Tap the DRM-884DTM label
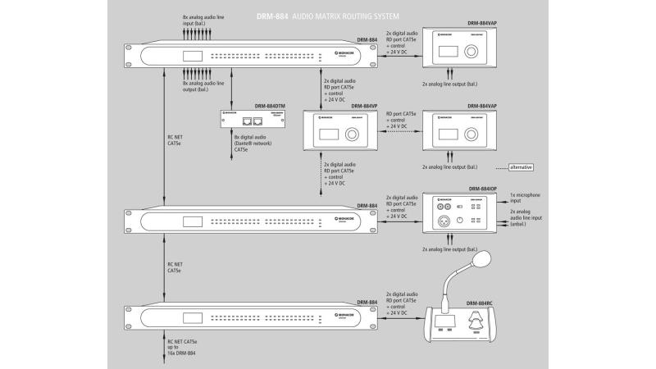point(271,106)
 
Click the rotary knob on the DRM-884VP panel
point(352,134)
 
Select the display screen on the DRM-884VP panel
point(326,134)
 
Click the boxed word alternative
point(521,167)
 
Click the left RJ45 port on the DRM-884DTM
point(248,121)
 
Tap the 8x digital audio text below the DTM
point(250,139)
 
